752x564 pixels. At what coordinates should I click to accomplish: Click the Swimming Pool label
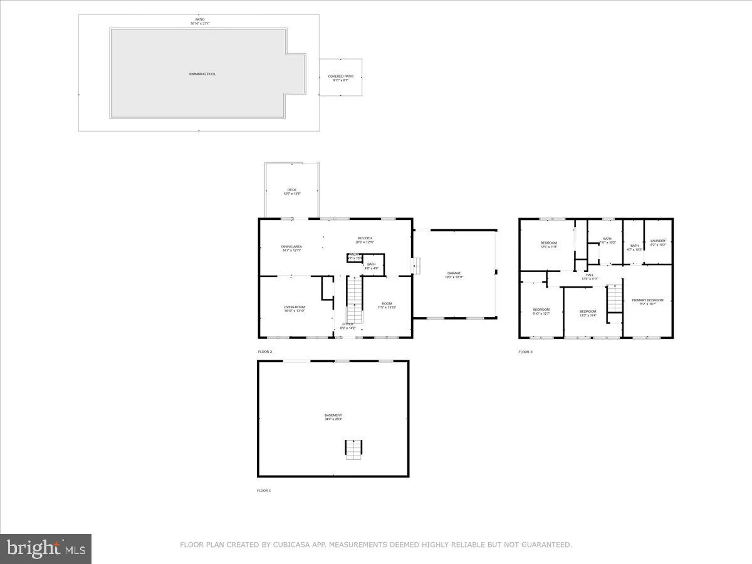202,74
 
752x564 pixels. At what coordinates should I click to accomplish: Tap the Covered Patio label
341,76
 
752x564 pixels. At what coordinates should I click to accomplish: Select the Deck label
292,190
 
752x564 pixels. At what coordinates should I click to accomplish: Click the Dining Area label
291,247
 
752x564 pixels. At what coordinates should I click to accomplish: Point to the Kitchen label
365,238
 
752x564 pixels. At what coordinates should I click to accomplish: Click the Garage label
454,273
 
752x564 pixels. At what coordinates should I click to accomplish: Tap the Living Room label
294,307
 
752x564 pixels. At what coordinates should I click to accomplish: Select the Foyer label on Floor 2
348,324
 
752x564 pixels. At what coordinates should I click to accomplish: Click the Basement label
333,415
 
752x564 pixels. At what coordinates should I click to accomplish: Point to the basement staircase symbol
353,449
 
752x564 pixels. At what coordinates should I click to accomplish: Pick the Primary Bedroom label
647,301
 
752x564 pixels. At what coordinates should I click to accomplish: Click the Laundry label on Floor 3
658,241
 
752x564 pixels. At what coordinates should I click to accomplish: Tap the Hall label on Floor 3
590,275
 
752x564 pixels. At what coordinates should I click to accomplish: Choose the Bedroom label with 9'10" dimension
541,310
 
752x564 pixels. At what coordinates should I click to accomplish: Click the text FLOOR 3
525,352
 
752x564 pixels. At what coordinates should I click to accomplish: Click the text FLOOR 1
264,491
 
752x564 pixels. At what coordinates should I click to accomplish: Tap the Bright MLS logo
46,549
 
